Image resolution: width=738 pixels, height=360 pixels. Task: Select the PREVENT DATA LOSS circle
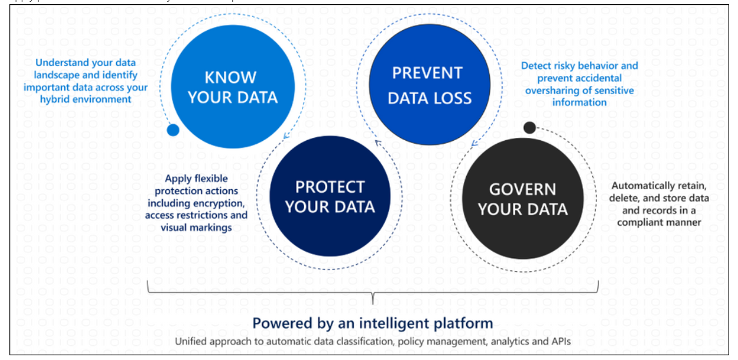click(430, 85)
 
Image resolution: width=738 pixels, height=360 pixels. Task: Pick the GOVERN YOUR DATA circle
click(522, 199)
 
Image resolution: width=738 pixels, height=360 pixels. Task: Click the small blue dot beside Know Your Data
click(173, 130)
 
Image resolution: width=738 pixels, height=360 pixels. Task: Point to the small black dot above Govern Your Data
click(529, 127)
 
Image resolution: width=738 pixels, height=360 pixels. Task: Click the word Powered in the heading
click(280, 323)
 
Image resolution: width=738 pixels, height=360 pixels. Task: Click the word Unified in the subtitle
click(190, 342)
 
